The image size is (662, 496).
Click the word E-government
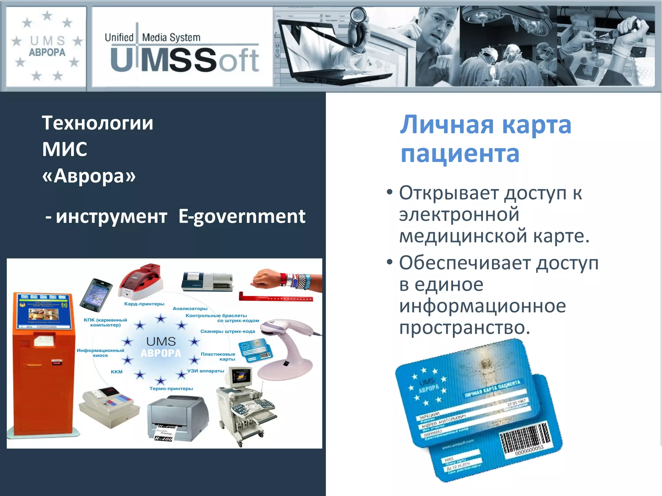[x=242, y=216]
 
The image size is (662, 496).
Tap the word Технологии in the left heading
[x=97, y=123]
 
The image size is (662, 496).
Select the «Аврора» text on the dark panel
[x=89, y=176]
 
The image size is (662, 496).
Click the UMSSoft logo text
[x=185, y=60]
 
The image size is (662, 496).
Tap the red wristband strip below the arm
[x=275, y=297]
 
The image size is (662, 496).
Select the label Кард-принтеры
[x=144, y=304]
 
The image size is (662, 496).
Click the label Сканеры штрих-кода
[x=228, y=331]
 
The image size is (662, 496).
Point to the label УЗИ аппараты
[x=206, y=371]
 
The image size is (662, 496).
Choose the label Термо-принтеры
[x=171, y=388]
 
